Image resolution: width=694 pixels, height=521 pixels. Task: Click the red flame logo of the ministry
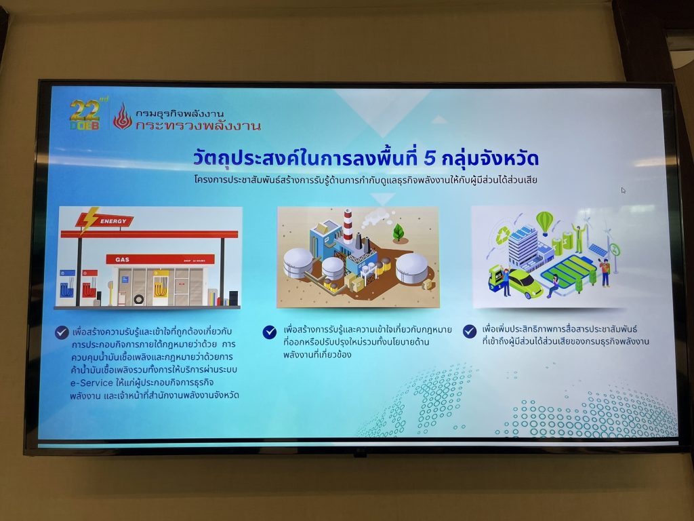[123, 117]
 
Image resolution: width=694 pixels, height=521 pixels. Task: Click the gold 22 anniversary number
[84, 111]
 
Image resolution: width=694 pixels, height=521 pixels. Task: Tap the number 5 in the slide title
[429, 159]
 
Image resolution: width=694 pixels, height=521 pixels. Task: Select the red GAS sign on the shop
[160, 259]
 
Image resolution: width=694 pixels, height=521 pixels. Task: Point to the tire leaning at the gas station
[139, 299]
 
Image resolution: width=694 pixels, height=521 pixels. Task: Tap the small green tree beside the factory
[399, 232]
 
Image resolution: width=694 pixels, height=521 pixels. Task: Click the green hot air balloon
[544, 223]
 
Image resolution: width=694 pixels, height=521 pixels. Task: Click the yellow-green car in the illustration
[525, 284]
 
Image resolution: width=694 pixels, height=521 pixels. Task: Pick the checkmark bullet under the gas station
[62, 332]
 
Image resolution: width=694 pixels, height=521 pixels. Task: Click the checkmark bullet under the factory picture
[269, 332]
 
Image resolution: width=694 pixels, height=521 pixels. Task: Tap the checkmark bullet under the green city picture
[469, 331]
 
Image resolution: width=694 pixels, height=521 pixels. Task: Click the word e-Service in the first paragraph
[91, 383]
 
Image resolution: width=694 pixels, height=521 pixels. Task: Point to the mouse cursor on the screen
[624, 191]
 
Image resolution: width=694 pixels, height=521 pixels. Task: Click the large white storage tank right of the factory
[411, 267]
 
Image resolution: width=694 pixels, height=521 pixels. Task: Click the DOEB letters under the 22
[84, 126]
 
